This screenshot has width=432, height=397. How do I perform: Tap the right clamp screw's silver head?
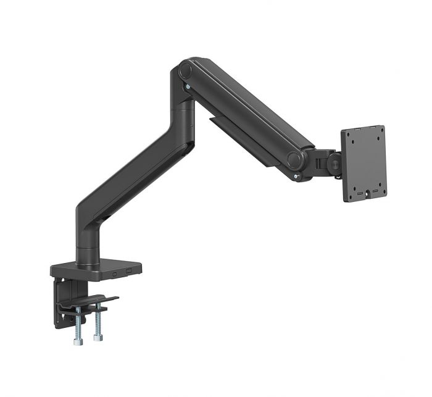pyautogui.click(x=97, y=338)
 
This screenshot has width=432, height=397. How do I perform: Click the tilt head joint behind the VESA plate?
pyautogui.click(x=324, y=162)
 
